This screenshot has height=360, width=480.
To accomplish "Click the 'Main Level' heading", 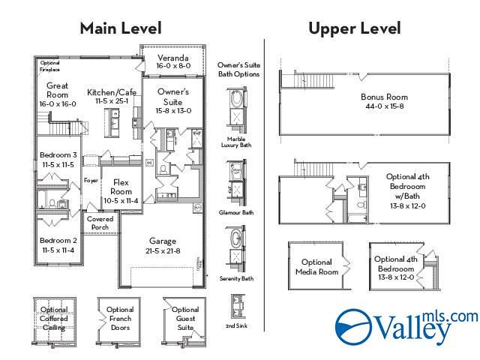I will [121, 28].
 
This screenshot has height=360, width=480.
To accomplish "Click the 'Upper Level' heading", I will [354, 28].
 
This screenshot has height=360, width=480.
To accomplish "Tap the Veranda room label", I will [172, 61].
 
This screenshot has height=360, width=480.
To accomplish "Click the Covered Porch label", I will [100, 223].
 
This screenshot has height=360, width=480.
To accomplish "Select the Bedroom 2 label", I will [57, 245].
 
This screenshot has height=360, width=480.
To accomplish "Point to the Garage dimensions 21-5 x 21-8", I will [162, 250].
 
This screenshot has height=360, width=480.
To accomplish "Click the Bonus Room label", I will [383, 101].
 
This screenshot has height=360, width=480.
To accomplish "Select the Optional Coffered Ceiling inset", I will [54, 318].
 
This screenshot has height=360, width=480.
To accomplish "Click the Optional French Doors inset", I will [120, 319].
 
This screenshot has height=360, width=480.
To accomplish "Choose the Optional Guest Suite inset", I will [184, 318].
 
